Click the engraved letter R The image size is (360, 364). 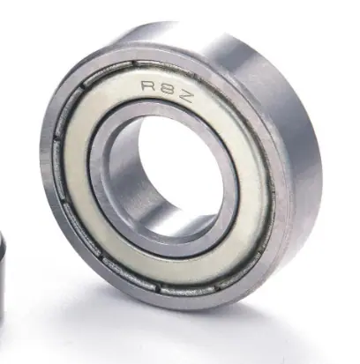147,85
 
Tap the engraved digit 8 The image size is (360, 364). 166,91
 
